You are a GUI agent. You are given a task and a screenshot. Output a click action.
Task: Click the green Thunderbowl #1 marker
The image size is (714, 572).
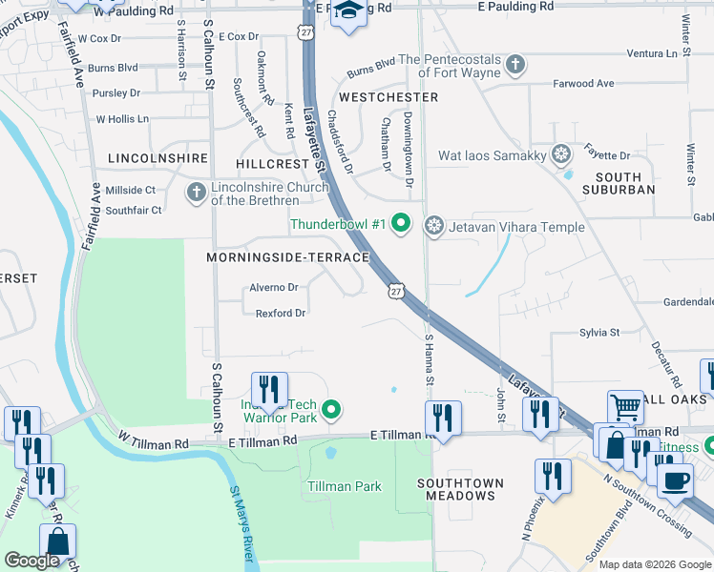[401, 225]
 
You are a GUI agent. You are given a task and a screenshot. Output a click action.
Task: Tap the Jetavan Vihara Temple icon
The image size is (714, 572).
[434, 225]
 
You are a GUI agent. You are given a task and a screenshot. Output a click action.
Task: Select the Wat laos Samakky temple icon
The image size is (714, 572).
[561, 154]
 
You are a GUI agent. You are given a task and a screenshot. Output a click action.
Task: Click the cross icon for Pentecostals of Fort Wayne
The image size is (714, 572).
[515, 66]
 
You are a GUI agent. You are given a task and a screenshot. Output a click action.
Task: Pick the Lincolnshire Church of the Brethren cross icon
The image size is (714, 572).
[196, 193]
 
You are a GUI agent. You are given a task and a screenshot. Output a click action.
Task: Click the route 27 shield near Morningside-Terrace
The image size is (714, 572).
[396, 289]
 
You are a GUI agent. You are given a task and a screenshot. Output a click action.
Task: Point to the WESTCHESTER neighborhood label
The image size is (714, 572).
[388, 97]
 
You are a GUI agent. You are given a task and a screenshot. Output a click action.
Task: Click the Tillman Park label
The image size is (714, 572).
[345, 486]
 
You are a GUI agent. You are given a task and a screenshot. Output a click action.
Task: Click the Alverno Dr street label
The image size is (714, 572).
[274, 287]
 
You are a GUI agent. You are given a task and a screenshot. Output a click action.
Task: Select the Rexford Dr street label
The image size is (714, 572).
[280, 313]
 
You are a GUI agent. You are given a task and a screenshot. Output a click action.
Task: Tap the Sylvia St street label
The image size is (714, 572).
[599, 333]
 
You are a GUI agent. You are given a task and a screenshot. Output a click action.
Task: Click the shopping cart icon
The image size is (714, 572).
[625, 407]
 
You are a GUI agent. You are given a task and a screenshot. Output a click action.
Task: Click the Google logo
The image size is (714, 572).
[31, 561]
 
